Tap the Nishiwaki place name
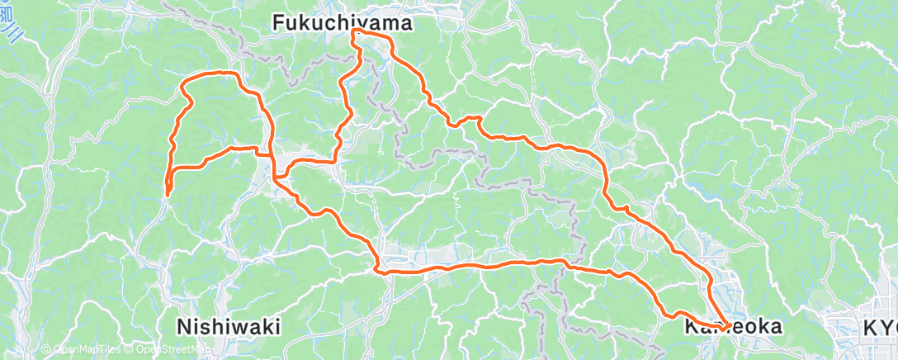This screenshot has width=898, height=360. click(229, 326)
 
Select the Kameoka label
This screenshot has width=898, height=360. click(733, 327)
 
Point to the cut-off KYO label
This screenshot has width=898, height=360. click(880, 328)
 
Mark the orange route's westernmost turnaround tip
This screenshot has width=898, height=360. click(167, 194)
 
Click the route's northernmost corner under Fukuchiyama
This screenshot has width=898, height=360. click(355, 31)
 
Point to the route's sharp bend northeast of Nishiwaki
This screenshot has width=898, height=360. click(378, 268)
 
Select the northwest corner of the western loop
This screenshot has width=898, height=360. click(183, 81)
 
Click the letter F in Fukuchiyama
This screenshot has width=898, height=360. click(278, 25)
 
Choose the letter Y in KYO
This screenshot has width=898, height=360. click(881, 328)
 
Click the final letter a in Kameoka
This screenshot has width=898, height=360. click(775, 327)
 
